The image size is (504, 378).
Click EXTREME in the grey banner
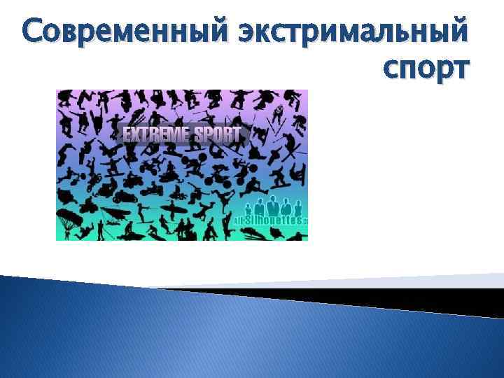tap(157, 134)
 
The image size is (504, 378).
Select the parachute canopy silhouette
tap(69, 215)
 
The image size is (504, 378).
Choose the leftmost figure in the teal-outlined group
tap(249, 209)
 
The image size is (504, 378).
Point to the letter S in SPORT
tap(198, 134)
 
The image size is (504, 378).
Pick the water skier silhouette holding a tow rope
tap(143, 211)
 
